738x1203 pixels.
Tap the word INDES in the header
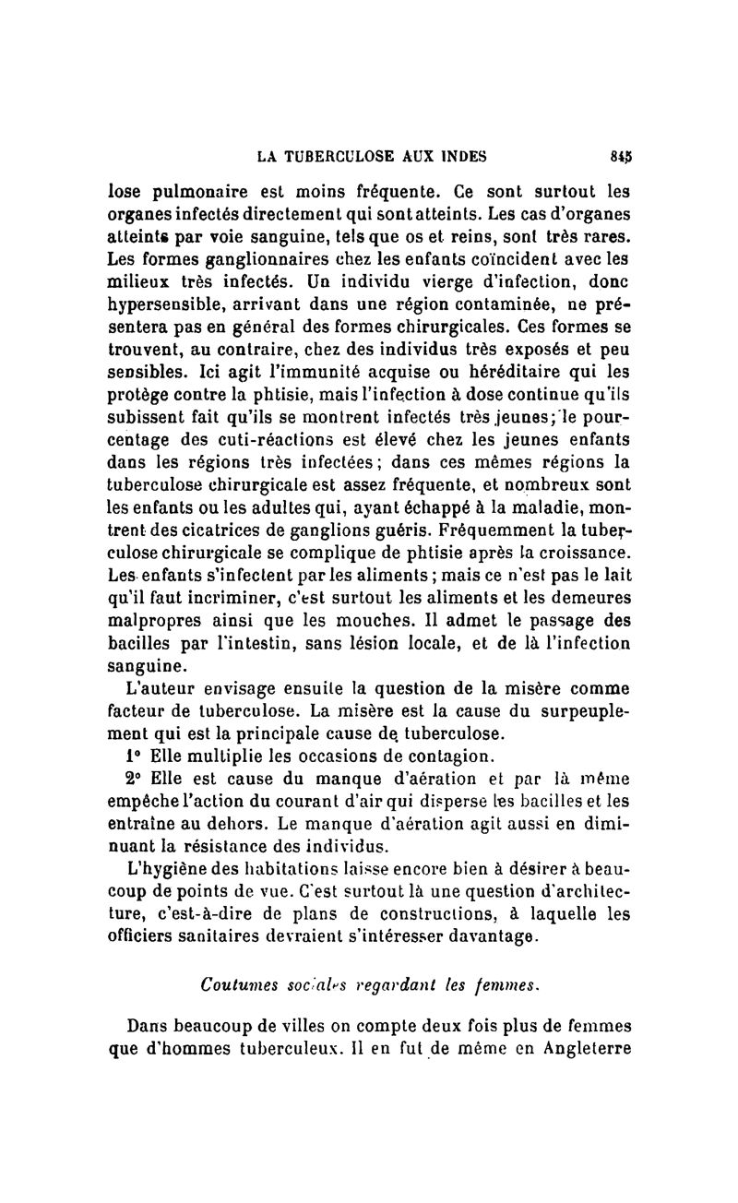click(x=457, y=156)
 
